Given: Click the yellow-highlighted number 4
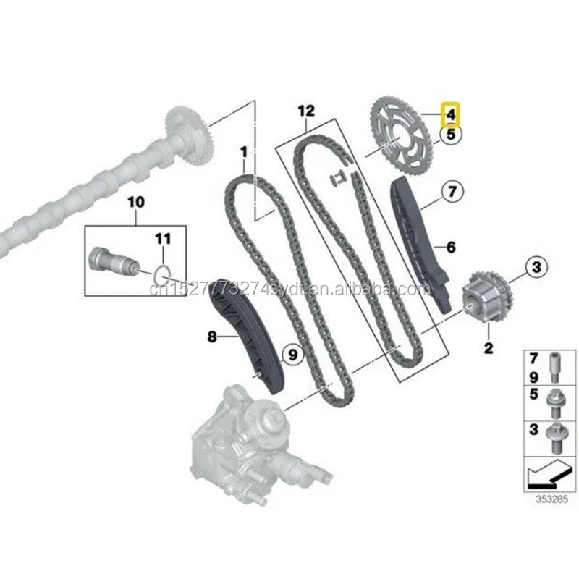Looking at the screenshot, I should coord(450,114).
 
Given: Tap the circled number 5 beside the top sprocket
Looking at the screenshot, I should coord(450,133).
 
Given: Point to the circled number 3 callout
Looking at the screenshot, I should coord(536,269).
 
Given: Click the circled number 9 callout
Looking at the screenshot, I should coord(292,354).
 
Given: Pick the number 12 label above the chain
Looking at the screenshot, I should coord(306,111).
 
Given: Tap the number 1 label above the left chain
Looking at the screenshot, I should coord(244,153).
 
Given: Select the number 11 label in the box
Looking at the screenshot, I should coord(164,237).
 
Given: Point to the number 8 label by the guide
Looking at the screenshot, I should coord(211,336).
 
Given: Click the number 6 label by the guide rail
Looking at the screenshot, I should coord(450,248).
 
